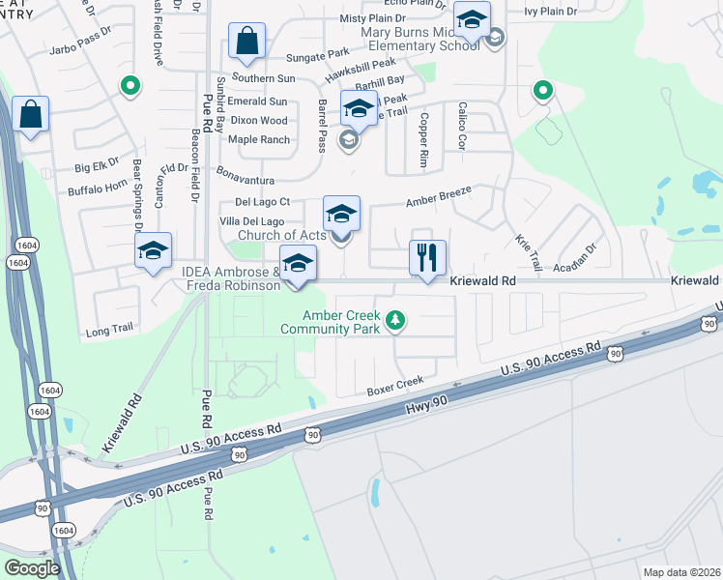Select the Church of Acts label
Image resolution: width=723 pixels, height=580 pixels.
pyautogui.click(x=282, y=236)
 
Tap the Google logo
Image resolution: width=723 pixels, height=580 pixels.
pyautogui.click(x=33, y=567)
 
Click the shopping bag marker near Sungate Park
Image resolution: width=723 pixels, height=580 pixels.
pyautogui.click(x=246, y=42)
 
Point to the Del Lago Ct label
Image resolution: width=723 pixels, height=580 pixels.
pyautogui.click(x=262, y=202)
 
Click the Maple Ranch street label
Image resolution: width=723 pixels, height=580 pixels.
pyautogui.click(x=259, y=140)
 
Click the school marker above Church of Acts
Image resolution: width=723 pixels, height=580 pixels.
pyautogui.click(x=340, y=214)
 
